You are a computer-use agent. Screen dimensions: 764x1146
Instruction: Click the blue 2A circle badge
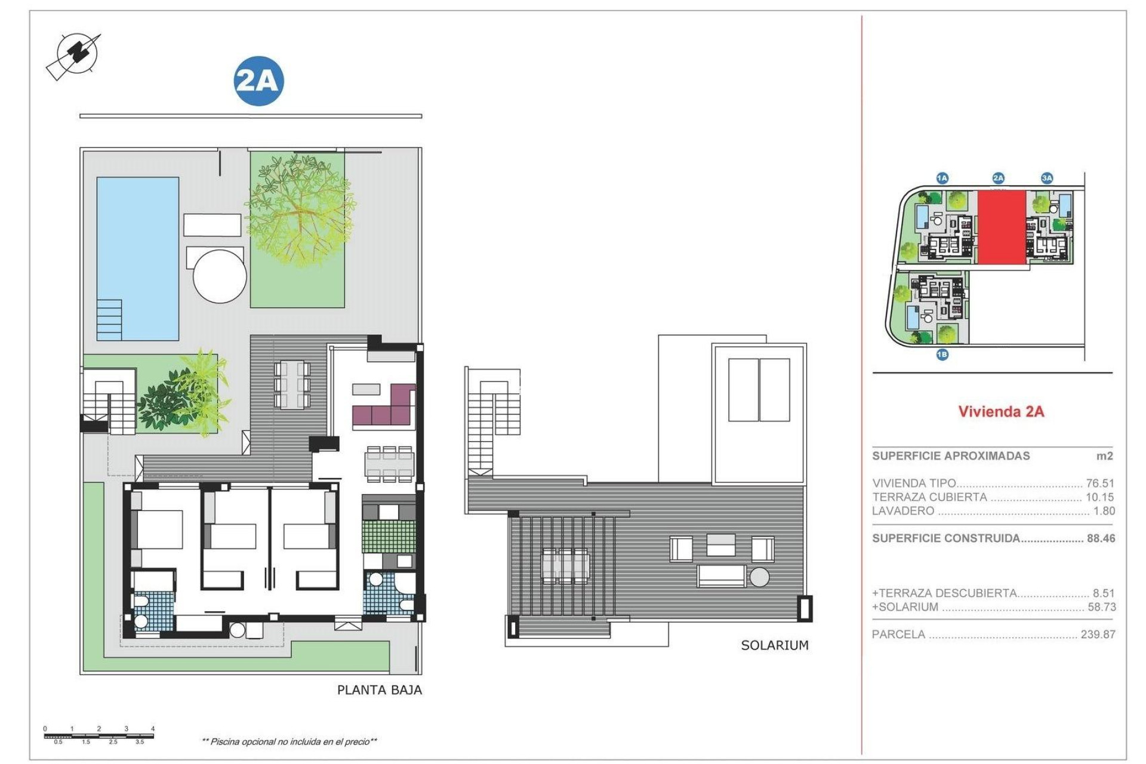pos(258,81)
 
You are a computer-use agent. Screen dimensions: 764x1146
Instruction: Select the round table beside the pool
pos(220,276)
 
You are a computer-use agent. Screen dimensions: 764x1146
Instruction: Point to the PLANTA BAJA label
pos(379,690)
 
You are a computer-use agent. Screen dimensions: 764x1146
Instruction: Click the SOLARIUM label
pos(774,645)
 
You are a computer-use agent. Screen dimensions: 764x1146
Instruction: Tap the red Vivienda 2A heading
pos(1001,411)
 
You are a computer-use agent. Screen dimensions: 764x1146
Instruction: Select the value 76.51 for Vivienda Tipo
pos(1099,483)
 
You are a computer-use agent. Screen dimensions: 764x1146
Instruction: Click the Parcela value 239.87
pos(1098,634)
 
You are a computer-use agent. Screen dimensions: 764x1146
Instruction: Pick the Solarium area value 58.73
pos(1101,607)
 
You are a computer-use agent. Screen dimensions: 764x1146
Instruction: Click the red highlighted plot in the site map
pos(1001,227)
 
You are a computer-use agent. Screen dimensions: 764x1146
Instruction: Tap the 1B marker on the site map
pos(942,355)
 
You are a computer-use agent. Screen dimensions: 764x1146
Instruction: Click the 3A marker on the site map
pos(1046,178)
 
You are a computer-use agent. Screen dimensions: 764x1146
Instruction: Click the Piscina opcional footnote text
pos(289,742)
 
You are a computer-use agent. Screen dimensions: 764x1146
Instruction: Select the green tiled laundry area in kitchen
pos(389,536)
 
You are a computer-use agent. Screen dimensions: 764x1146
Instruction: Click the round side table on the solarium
pos(760,577)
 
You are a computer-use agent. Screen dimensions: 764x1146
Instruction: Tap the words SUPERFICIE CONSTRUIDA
pos(945,538)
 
